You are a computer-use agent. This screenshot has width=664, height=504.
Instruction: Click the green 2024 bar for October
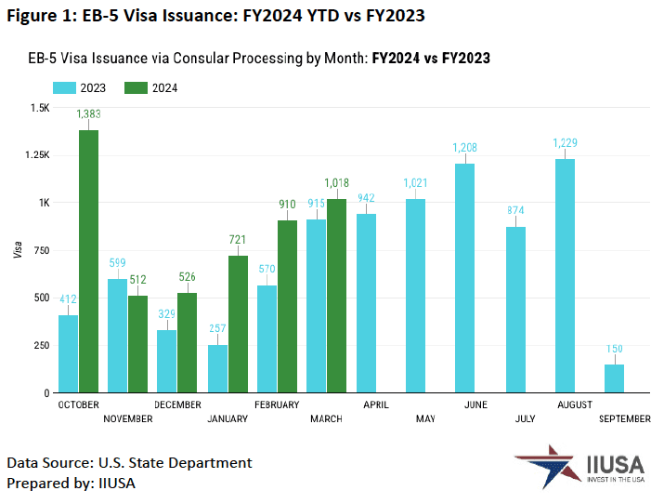88,261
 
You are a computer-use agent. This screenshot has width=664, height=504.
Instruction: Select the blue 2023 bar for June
464,278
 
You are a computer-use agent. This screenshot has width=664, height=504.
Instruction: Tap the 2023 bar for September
614,378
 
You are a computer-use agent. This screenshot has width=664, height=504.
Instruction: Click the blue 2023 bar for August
565,276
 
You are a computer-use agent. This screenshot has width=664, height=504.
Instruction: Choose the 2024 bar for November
138,344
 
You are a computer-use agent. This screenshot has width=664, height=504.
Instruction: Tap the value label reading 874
515,209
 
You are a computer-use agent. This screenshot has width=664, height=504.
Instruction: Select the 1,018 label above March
338,184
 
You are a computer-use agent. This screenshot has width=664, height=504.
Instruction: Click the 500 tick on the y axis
40,298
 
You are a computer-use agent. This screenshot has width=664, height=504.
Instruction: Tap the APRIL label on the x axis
375,405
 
